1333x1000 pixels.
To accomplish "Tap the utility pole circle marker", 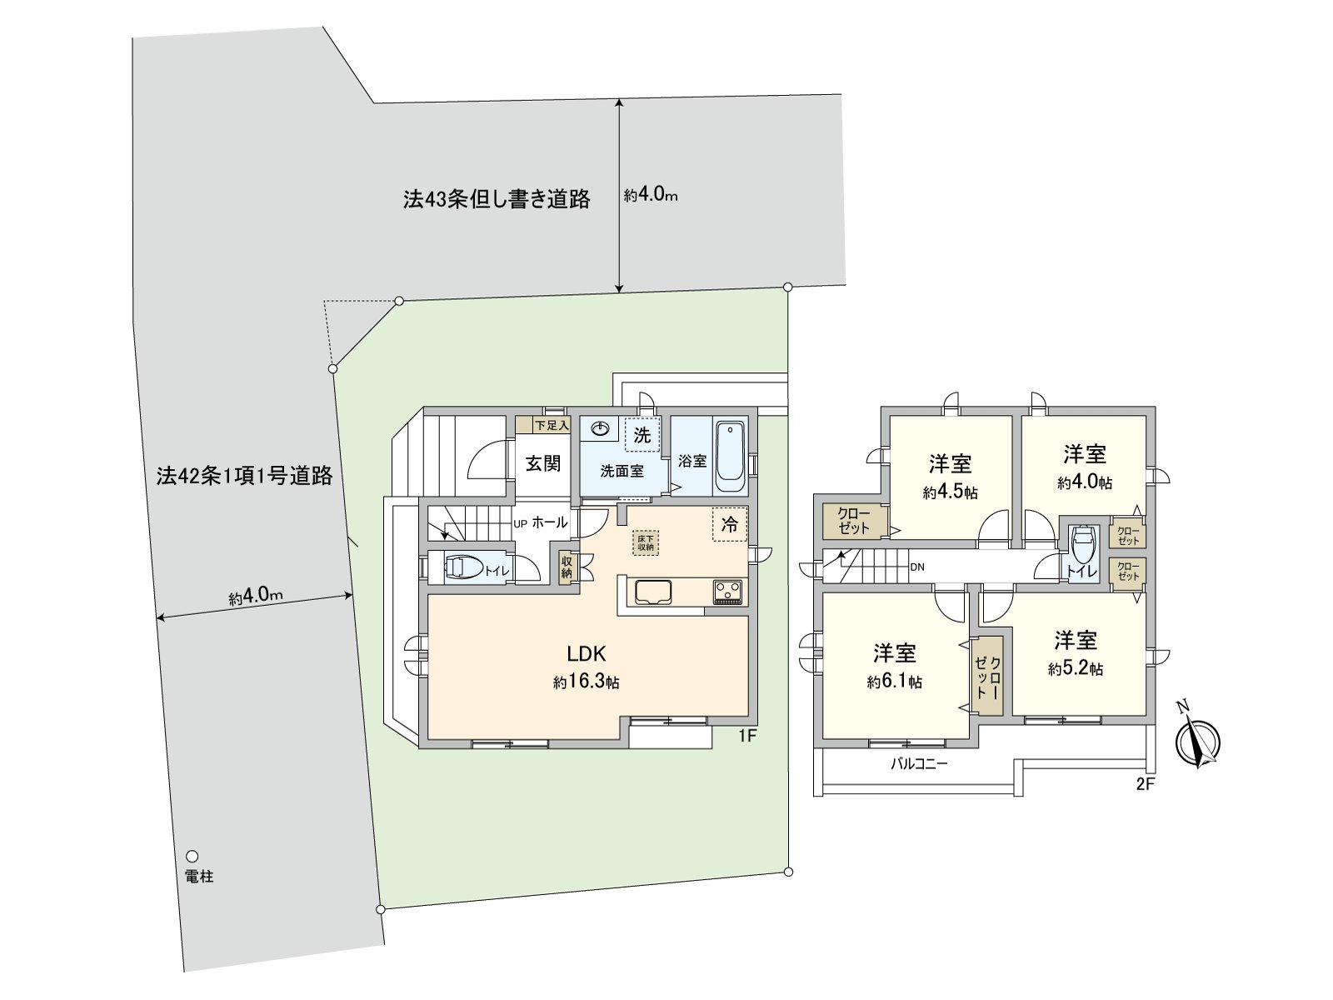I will pyautogui.click(x=192, y=856).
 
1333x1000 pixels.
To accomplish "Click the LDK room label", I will pyautogui.click(x=587, y=653).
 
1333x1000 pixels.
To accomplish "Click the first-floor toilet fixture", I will pyautogui.click(x=462, y=568).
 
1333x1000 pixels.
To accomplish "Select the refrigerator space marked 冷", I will pyautogui.click(x=730, y=525).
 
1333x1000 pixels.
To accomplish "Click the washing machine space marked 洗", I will pyautogui.click(x=642, y=435).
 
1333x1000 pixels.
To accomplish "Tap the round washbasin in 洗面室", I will pyautogui.click(x=600, y=429).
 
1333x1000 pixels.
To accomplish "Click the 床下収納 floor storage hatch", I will pyautogui.click(x=646, y=542).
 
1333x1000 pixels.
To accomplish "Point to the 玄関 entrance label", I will pyautogui.click(x=542, y=463).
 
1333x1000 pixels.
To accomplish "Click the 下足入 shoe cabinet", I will pyautogui.click(x=542, y=425).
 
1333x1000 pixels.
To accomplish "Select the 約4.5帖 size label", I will pyautogui.click(x=950, y=492).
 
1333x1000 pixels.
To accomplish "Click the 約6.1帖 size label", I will pyautogui.click(x=894, y=682).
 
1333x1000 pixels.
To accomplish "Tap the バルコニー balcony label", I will pyautogui.click(x=919, y=762).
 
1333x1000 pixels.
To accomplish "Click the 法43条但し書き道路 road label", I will pyautogui.click(x=497, y=199).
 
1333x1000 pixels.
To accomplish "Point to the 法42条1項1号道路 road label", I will pyautogui.click(x=244, y=476).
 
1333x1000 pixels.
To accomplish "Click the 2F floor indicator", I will pyautogui.click(x=1146, y=784).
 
